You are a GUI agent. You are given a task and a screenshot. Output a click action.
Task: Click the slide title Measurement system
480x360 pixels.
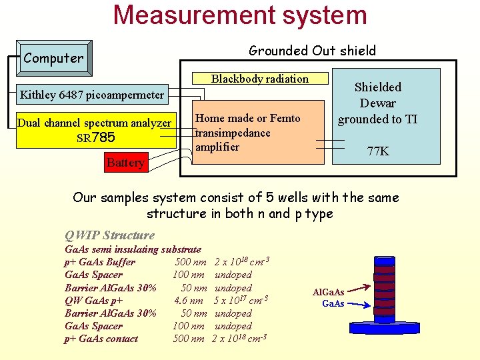(x=240, y=15)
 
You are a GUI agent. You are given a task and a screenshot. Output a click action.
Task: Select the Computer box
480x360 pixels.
(x=53, y=58)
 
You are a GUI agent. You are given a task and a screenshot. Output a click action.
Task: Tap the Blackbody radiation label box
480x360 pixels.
(x=260, y=79)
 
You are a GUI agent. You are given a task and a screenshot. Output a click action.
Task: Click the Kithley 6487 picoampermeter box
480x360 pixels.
(x=91, y=95)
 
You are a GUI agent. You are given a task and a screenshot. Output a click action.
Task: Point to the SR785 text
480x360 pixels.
(x=96, y=138)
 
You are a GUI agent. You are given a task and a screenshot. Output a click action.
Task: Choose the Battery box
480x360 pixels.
(x=125, y=163)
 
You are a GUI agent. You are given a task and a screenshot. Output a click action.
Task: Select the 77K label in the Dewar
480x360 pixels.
(x=378, y=151)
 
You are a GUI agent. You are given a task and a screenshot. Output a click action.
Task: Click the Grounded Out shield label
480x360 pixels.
(x=312, y=51)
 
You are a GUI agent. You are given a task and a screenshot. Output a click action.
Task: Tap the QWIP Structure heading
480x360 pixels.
(x=109, y=235)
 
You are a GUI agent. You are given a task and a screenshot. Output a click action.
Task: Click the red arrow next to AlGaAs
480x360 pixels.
(x=359, y=289)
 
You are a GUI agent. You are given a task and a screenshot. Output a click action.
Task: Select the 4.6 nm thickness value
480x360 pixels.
(x=189, y=301)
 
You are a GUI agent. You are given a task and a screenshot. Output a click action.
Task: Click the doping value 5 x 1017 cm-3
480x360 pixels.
(x=241, y=300)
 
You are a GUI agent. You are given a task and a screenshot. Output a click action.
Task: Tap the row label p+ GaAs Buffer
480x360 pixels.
(x=100, y=262)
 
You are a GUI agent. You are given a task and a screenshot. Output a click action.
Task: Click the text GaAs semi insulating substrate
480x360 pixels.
(x=133, y=249)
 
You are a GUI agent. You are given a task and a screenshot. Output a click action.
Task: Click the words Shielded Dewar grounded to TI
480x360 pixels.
(x=377, y=103)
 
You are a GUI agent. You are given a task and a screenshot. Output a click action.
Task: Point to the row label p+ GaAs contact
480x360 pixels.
(x=101, y=339)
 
